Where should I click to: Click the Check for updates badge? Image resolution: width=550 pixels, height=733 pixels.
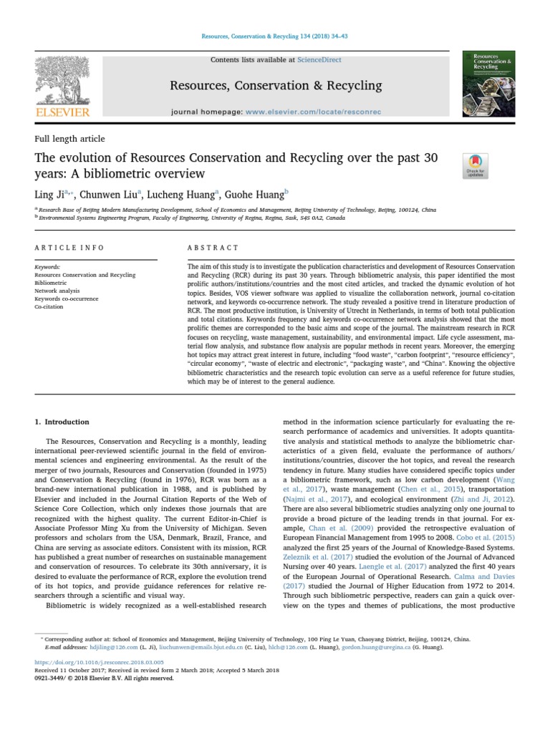tap(476, 165)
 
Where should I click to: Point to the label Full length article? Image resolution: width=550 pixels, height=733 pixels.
tap(69, 139)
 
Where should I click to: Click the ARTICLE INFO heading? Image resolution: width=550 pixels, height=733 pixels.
tap(69, 248)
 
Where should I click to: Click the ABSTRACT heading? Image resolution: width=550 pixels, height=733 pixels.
tap(213, 248)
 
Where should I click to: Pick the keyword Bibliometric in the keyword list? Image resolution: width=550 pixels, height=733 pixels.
tap(51, 283)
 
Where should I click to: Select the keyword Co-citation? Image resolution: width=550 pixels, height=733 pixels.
tap(49, 306)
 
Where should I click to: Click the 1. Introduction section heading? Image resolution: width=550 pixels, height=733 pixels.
tap(62, 422)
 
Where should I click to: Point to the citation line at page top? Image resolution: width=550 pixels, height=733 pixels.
tap(275, 36)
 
